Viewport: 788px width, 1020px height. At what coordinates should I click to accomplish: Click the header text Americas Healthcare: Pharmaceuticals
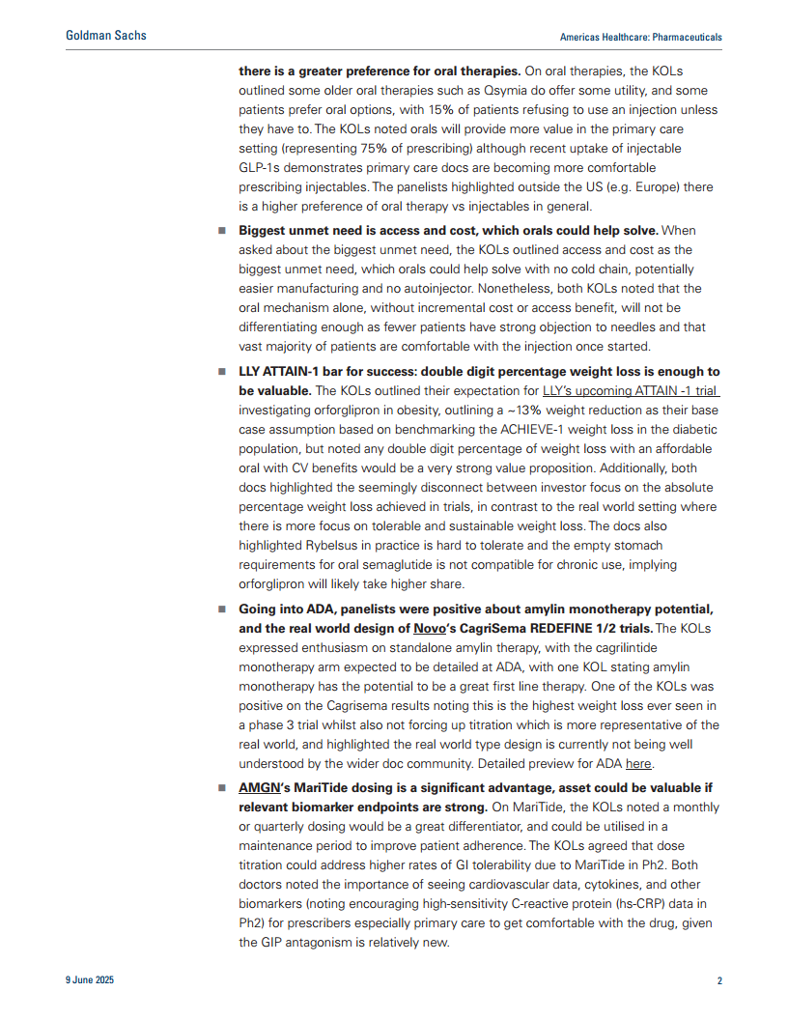[x=640, y=37]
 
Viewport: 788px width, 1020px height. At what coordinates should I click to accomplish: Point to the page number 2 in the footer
[x=718, y=980]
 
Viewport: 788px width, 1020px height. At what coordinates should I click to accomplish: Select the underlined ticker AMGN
[x=259, y=788]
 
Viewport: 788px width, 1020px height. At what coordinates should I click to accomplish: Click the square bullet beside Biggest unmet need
[x=221, y=232]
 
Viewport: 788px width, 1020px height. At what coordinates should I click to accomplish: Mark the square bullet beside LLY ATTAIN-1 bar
[x=221, y=373]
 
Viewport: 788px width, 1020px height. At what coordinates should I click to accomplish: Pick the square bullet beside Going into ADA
[x=221, y=609]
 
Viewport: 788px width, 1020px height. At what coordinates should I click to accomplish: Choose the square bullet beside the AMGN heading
[x=221, y=788]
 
